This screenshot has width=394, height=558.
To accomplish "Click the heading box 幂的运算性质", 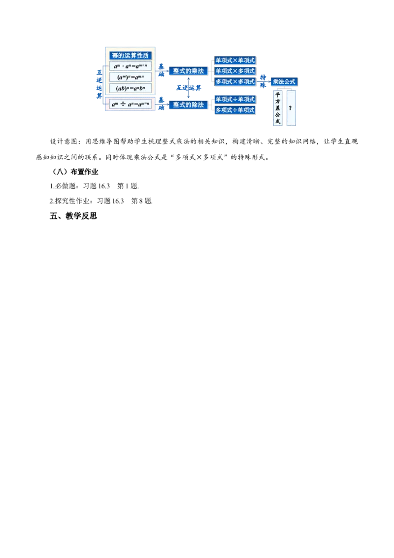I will (x=131, y=56).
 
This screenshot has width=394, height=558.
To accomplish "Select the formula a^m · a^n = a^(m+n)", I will (x=131, y=67).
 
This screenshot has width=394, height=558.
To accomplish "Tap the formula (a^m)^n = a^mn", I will (x=131, y=77).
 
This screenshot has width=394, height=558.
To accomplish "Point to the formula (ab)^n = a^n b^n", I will (x=131, y=89).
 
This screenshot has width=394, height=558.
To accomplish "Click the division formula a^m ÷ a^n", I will (x=131, y=104).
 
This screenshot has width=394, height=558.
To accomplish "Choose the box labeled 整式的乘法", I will (x=188, y=71).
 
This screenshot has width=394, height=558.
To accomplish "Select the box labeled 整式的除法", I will (x=188, y=105).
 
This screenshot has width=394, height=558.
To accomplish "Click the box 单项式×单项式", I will (x=235, y=60).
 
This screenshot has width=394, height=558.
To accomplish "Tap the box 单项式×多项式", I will (x=235, y=71).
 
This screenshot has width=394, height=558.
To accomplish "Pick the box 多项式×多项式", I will (x=235, y=81).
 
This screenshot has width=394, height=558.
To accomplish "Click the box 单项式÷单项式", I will (x=235, y=100).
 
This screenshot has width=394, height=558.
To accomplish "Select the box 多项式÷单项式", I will (x=235, y=110).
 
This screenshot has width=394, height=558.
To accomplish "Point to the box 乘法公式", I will (x=284, y=81).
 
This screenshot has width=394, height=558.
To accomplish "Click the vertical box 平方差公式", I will (x=277, y=108).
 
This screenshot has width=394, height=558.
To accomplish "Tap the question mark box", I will (x=291, y=108).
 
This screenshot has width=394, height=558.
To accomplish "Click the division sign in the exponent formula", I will (x=123, y=104).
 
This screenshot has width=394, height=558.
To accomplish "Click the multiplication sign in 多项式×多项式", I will (x=235, y=81).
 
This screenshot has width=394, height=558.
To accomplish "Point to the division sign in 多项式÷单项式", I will (x=235, y=110).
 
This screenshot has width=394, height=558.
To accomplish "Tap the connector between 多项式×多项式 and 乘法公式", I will (x=263, y=81).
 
